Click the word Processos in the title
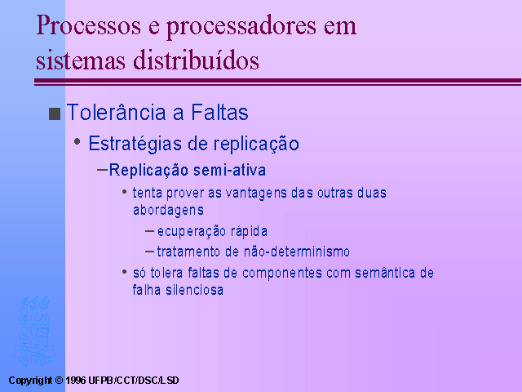89,25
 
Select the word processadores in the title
241,28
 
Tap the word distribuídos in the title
196,60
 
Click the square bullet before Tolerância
55,114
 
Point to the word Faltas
219,112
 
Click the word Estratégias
135,144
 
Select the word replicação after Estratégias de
256,144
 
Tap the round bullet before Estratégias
77,141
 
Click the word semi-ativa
230,170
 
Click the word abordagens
168,211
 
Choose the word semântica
385,273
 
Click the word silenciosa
195,290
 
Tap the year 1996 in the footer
76,381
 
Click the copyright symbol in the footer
59,381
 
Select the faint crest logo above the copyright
33,331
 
